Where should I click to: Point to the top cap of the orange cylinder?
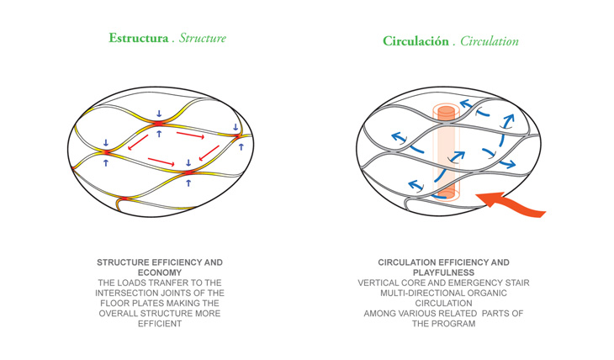click(x=443, y=111)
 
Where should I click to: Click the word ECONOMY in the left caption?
click(x=159, y=273)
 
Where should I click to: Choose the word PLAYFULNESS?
click(x=443, y=273)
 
